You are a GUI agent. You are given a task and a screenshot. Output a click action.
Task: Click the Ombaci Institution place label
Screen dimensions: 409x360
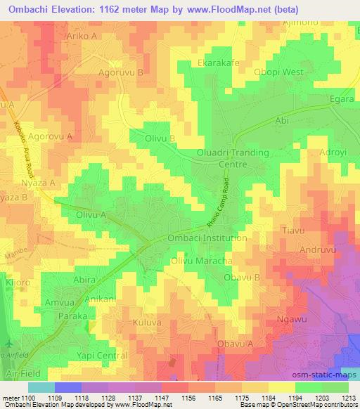(207, 238)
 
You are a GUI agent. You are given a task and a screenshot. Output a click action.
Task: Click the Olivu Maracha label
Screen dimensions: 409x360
(202, 261)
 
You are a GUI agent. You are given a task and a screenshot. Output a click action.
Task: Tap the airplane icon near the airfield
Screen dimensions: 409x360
(8, 344)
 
